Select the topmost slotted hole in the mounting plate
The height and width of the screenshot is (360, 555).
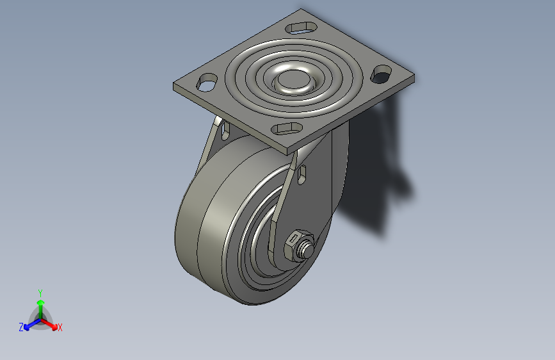point(301,28)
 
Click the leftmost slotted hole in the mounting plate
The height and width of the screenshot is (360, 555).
point(207,83)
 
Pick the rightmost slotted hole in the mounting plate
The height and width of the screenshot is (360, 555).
point(382,74)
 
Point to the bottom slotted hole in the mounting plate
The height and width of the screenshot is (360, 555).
point(287,129)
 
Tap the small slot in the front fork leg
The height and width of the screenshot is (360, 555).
point(302,175)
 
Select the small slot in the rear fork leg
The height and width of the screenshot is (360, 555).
point(225,131)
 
